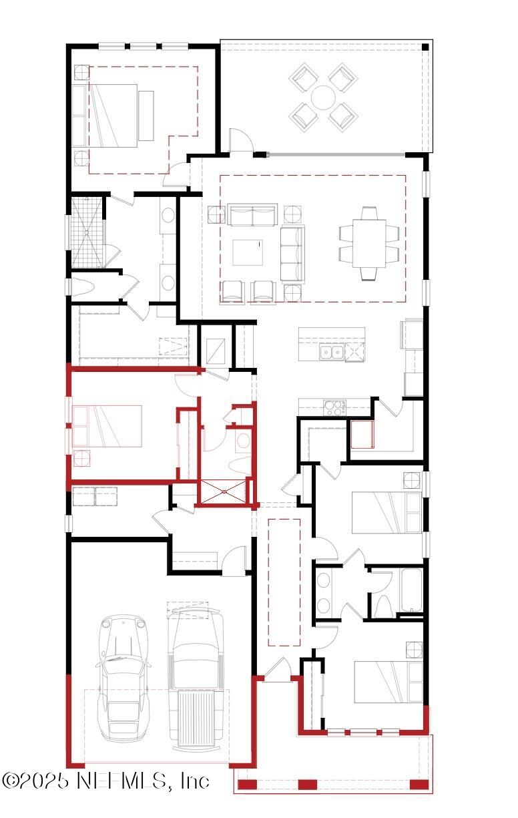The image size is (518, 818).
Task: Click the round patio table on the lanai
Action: (x=324, y=97)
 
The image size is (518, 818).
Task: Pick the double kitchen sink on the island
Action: (x=331, y=352)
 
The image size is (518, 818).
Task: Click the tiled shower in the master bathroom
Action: (x=89, y=231)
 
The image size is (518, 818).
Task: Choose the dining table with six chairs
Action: (x=369, y=244)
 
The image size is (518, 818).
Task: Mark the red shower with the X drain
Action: (x=224, y=492)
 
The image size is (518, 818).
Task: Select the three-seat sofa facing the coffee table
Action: (x=292, y=254)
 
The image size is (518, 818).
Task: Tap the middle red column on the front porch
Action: (x=307, y=785)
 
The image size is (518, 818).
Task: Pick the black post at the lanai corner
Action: (x=425, y=46)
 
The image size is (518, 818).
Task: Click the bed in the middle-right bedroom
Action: (x=386, y=513)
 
